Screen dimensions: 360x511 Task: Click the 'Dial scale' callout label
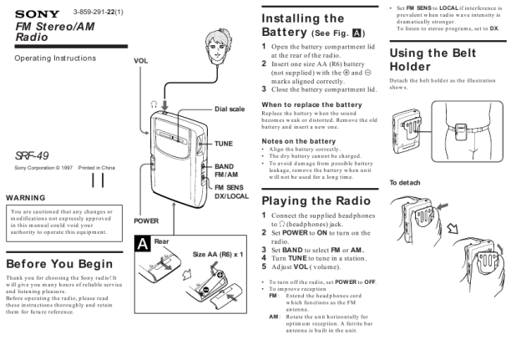tap(230, 109)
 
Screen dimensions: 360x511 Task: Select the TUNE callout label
tap(224, 144)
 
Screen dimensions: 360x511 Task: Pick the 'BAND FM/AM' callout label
tap(225, 170)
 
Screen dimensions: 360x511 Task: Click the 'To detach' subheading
tap(407, 182)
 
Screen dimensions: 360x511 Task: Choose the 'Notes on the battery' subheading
tap(300, 140)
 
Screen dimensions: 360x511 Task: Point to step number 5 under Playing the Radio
tap(266, 267)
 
